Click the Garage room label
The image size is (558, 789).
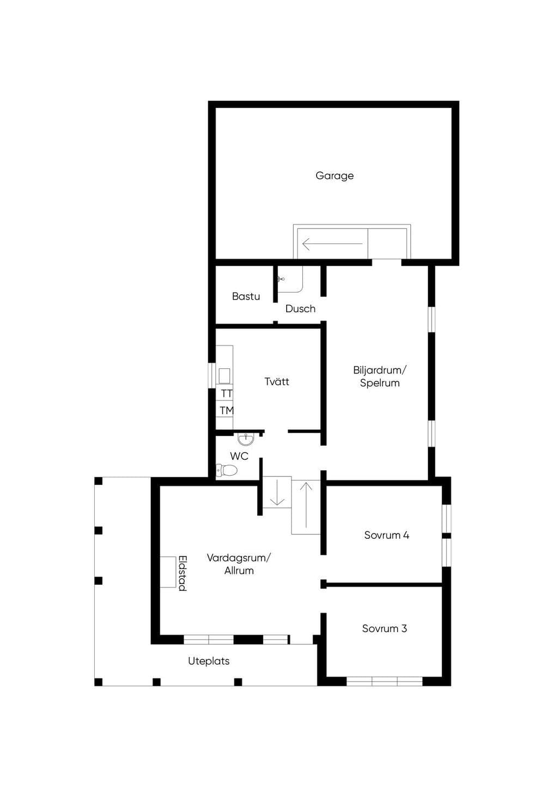pyautogui.click(x=334, y=175)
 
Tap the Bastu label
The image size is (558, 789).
pyautogui.click(x=246, y=296)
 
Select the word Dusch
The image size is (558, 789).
pyautogui.click(x=300, y=308)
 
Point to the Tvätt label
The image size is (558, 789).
pyautogui.click(x=276, y=381)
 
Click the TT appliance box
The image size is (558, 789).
pyautogui.click(x=225, y=393)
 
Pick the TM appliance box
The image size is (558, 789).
pyautogui.click(x=225, y=410)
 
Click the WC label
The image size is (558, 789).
pyautogui.click(x=239, y=456)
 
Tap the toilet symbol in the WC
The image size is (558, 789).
pyautogui.click(x=227, y=469)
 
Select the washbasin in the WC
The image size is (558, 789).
pyautogui.click(x=245, y=439)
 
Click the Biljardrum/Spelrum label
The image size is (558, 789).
pyautogui.click(x=380, y=377)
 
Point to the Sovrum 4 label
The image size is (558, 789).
pyautogui.click(x=386, y=535)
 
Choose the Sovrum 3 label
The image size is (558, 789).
pyautogui.click(x=384, y=628)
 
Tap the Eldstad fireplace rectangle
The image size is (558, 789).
pyautogui.click(x=168, y=572)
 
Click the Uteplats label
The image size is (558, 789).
pyautogui.click(x=209, y=661)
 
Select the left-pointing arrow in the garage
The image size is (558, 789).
pyautogui.click(x=332, y=244)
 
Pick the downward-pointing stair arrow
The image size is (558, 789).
pyautogui.click(x=277, y=492)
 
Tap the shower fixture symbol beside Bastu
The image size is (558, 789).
pyautogui.click(x=281, y=280)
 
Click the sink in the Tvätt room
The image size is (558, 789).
pyautogui.click(x=225, y=376)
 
